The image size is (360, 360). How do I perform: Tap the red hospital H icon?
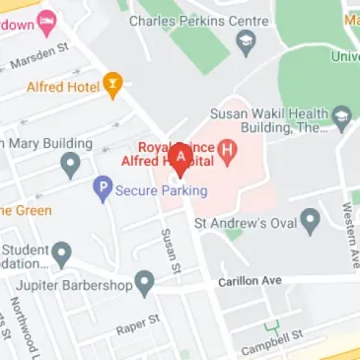click(230, 152)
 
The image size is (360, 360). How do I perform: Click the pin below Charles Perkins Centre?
click(247, 40)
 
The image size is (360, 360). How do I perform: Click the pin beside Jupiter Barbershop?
click(145, 284)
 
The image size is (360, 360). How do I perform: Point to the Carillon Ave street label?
click(251, 281)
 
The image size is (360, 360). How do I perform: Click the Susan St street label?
click(171, 251)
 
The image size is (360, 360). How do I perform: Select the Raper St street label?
click(137, 325)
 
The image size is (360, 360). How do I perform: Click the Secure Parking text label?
click(161, 190)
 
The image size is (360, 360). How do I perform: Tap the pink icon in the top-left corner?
click(46, 20)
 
